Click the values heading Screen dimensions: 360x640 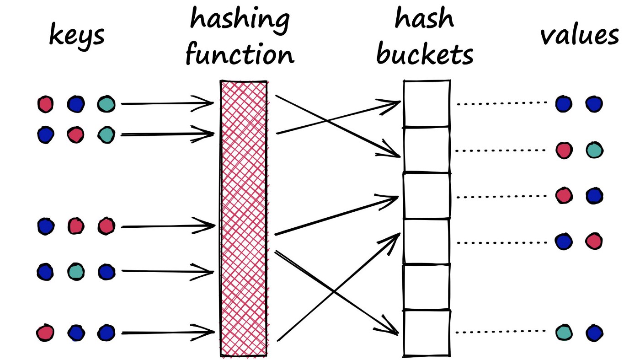[x=580, y=35]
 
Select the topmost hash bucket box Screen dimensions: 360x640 [x=426, y=104]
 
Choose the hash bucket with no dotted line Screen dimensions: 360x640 [x=426, y=287]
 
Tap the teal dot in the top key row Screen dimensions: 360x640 [x=106, y=104]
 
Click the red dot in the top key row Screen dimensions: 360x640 [x=45, y=104]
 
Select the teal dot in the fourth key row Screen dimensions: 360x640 [x=76, y=272]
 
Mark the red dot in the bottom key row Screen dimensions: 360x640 [x=45, y=333]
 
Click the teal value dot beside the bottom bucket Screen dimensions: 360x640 [x=564, y=332]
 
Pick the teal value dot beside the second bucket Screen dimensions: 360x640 [x=594, y=150]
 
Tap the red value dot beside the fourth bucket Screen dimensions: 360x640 [x=594, y=241]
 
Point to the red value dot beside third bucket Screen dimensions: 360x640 [x=564, y=195]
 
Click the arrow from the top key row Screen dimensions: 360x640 [x=167, y=104]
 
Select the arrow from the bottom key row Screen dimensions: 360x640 [x=167, y=333]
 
